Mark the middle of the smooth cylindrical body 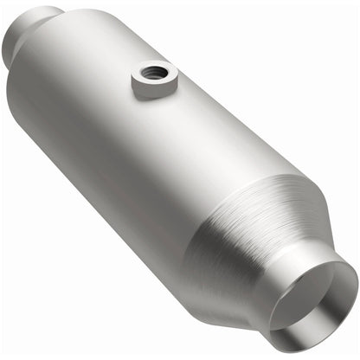[x=147, y=138]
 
